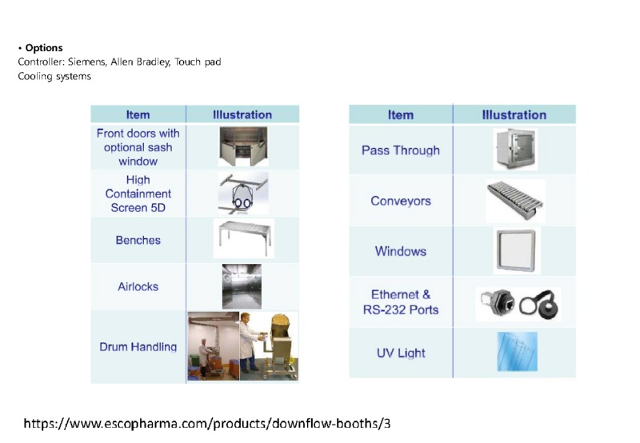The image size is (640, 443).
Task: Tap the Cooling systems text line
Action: pos(54,76)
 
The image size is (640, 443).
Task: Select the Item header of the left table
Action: pos(138,114)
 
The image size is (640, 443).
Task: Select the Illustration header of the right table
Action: pos(514,114)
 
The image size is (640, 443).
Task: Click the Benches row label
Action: pos(138,240)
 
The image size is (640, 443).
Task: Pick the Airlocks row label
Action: pos(138,287)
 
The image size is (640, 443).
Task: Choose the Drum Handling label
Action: pos(138,347)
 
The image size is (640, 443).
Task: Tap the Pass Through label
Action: pos(400,150)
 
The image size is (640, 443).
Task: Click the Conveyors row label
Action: pos(400,201)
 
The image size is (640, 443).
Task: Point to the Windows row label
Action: pos(400,251)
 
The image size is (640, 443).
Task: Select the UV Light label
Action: pos(400,353)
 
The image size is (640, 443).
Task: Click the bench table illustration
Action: pos(244,237)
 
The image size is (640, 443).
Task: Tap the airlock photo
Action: pos(242,286)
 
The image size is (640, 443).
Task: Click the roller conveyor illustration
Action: pos(516,200)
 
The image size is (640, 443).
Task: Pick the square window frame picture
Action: pos(516,250)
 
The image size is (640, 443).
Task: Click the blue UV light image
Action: pos(517,352)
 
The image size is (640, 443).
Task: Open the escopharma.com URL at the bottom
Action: pos(206,422)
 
